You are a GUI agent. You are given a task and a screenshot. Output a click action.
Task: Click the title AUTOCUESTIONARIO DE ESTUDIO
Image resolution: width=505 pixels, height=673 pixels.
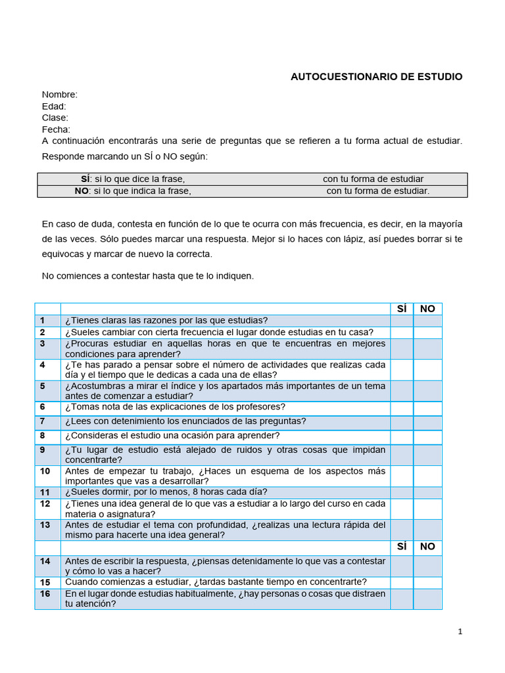point(376,77)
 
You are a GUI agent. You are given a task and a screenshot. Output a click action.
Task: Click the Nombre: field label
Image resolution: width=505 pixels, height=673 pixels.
point(60,95)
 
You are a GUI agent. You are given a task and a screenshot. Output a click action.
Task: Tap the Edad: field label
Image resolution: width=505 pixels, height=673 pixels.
point(54,106)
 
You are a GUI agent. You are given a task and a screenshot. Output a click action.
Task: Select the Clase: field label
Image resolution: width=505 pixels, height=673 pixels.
point(55,118)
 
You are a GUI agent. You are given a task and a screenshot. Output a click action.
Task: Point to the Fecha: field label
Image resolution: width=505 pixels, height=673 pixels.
point(56,129)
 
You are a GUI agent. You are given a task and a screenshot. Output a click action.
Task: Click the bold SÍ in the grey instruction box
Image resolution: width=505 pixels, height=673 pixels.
point(85,179)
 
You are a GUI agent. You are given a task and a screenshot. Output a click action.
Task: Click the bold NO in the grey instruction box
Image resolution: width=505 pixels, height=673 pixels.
point(82,191)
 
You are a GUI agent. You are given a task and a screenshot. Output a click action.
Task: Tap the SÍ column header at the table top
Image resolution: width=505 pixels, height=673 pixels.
point(402,309)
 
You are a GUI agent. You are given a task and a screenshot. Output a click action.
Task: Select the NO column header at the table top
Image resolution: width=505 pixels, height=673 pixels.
point(427,309)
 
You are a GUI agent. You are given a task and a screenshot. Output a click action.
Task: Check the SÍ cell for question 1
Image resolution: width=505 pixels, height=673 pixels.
point(402,321)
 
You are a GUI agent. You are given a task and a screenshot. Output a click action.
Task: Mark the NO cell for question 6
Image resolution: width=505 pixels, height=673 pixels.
point(427,407)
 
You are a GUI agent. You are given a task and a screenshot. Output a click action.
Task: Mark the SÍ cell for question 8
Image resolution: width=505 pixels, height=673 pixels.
point(402,436)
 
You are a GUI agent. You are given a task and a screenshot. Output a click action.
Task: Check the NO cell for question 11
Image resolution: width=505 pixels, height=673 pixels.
point(427,492)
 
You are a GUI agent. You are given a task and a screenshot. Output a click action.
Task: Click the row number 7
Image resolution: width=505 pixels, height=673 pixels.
point(42,421)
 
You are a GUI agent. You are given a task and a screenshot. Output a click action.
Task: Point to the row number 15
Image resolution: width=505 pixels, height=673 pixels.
point(45,582)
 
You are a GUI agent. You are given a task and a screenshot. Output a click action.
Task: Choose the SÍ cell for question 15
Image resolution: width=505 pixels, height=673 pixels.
point(402,582)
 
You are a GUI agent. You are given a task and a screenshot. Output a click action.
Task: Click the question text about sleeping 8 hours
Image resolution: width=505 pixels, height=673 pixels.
point(166,492)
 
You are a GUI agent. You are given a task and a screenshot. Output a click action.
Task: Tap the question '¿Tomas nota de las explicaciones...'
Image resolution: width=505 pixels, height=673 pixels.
point(175,407)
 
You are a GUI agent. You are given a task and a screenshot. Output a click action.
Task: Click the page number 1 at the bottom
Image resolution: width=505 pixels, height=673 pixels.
point(460,632)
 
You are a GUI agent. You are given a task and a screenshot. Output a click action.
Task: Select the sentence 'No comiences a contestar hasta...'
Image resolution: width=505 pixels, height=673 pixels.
point(147,276)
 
